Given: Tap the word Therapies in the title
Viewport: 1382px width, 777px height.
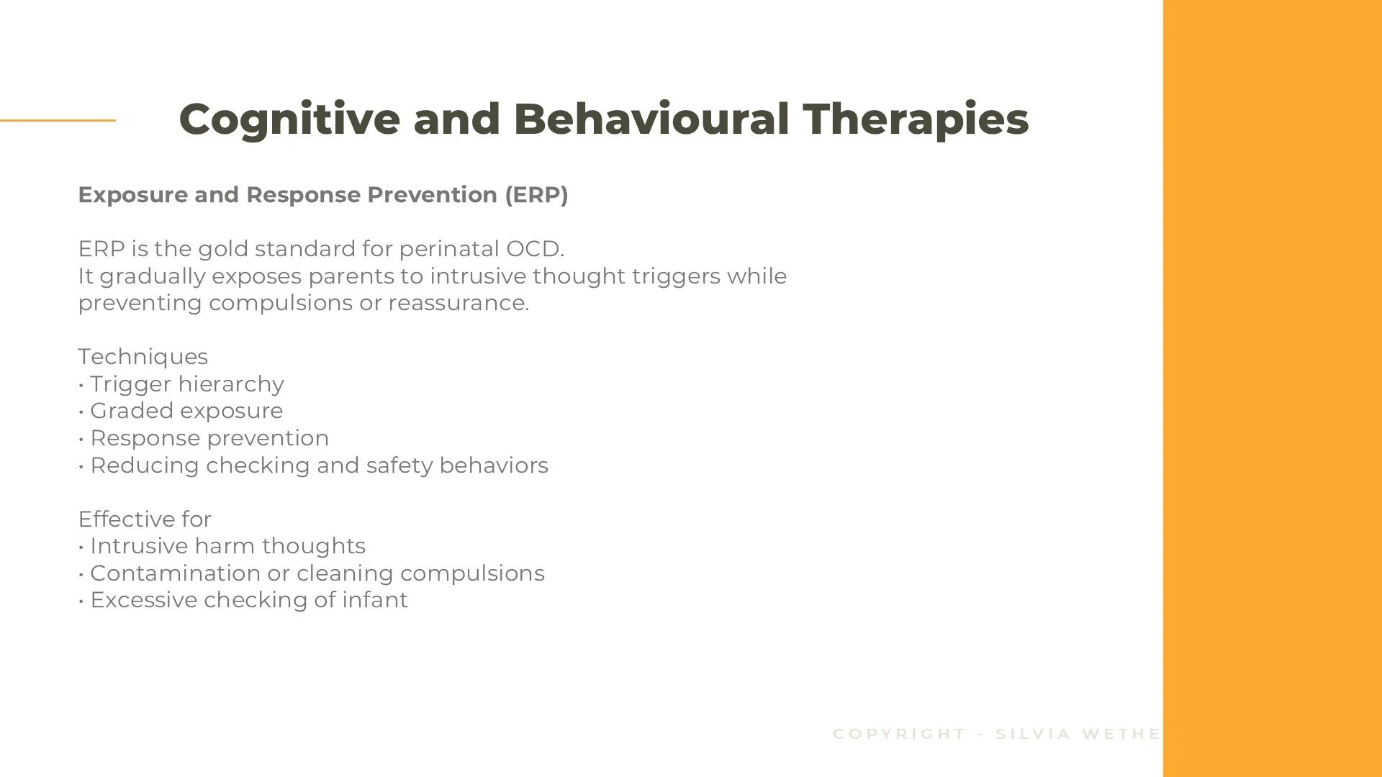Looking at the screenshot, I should pyautogui.click(x=916, y=119).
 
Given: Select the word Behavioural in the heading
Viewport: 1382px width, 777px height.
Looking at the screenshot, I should pyautogui.click(x=651, y=119).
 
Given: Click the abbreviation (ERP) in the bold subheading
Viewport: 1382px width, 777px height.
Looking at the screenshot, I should pyautogui.click(x=536, y=195).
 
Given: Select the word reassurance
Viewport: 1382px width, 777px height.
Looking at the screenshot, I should pyautogui.click(x=459, y=303).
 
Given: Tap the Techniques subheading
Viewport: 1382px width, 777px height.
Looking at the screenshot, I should pyautogui.click(x=143, y=357).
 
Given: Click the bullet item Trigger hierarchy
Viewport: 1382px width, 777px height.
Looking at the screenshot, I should pyautogui.click(x=186, y=384).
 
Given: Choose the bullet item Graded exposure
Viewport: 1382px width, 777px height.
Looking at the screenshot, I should pyautogui.click(x=186, y=411).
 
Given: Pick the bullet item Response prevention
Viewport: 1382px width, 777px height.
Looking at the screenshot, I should pyautogui.click(x=209, y=438).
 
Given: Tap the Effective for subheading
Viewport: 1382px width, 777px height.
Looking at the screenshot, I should pyautogui.click(x=144, y=519).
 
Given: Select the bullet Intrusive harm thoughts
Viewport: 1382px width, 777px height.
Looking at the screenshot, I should pyautogui.click(x=227, y=546).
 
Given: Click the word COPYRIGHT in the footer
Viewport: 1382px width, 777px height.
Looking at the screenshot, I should pyautogui.click(x=899, y=734).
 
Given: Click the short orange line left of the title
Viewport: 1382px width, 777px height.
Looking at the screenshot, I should pyautogui.click(x=58, y=120).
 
